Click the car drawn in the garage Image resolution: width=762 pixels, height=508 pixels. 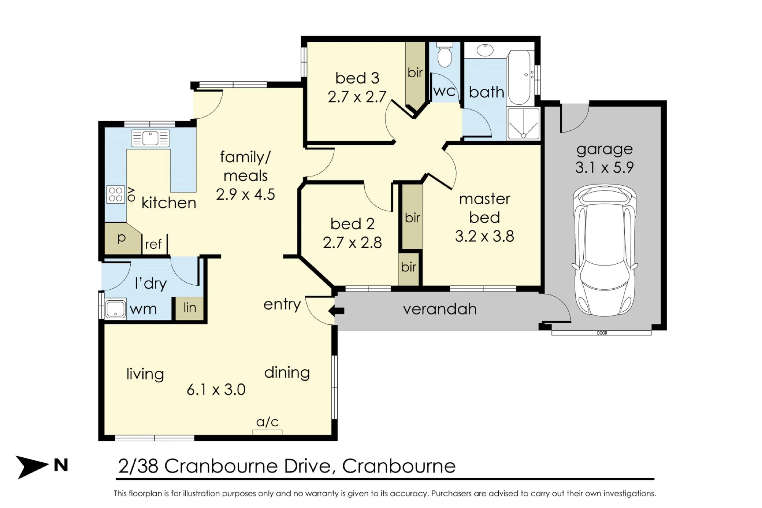605,250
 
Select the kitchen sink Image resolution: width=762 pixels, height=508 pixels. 150,138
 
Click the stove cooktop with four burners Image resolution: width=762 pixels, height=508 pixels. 115,194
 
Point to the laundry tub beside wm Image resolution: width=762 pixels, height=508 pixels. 115,309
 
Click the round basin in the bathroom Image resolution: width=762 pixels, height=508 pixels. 485,50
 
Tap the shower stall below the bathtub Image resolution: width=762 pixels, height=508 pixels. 523,123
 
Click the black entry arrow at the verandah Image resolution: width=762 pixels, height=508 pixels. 336,311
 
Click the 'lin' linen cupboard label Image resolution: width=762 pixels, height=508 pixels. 190,307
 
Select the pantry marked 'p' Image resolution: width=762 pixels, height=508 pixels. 121,238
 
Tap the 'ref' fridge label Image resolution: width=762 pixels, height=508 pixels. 153,244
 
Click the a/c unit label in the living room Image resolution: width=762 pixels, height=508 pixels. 267,422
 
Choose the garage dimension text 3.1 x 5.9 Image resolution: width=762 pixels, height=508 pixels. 604,167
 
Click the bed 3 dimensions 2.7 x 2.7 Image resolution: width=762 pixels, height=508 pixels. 357,97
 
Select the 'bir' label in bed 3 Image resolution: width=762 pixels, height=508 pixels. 415,72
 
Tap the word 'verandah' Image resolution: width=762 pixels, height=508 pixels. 440,309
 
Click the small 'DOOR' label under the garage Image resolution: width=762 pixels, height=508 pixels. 602,333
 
